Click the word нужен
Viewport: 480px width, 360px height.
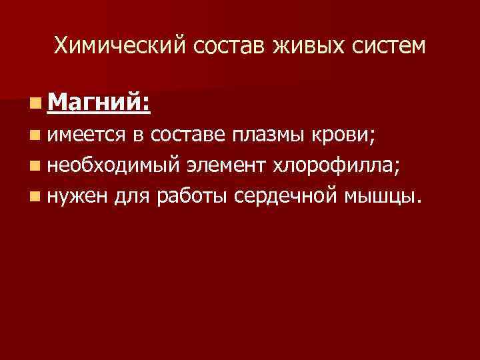pos(76,197)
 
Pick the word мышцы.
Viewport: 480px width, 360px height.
pos(381,197)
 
